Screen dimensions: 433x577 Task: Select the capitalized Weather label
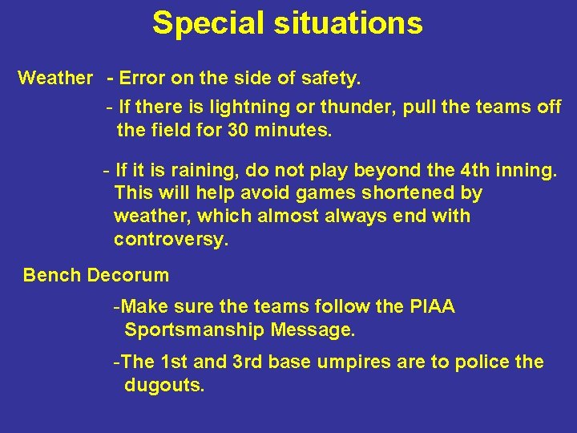tap(55, 79)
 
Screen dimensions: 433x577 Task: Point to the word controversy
tap(171, 240)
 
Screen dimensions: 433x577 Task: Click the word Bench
tap(52, 276)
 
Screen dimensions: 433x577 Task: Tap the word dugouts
tap(164, 385)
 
